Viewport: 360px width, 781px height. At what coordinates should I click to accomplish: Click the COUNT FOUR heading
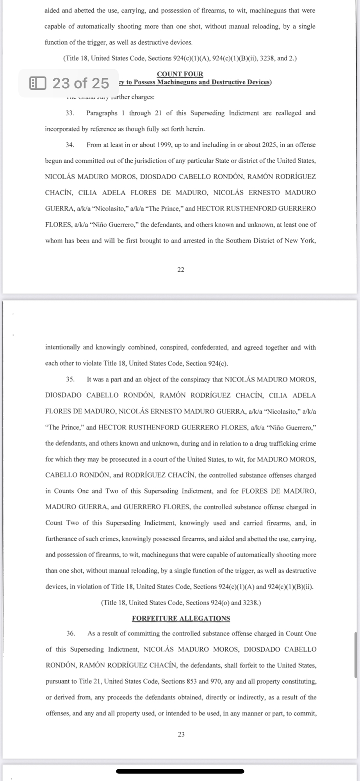(180, 74)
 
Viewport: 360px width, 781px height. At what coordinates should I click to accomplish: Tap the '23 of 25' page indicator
(80, 83)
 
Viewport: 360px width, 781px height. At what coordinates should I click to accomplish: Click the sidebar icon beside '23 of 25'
(38, 83)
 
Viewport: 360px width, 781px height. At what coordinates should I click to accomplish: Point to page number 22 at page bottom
(181, 270)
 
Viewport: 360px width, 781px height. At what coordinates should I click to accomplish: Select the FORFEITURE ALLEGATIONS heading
(181, 618)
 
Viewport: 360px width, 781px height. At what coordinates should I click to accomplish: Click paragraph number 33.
(70, 113)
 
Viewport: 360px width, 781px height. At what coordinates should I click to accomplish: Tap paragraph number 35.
(70, 379)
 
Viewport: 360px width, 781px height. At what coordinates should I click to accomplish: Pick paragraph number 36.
(71, 633)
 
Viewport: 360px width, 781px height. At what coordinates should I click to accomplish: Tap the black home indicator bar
(180, 771)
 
